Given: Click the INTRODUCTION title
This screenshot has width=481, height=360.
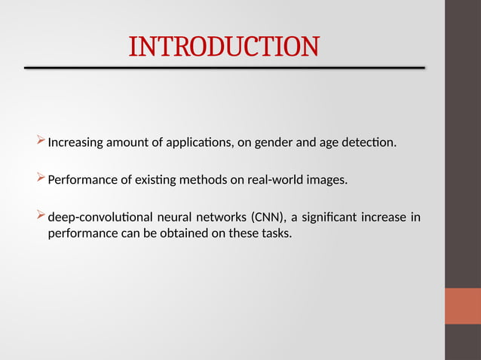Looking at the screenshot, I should click(x=224, y=47).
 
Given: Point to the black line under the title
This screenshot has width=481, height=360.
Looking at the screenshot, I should click(x=224, y=68).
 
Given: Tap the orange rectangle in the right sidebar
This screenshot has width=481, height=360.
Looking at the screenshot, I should click(x=462, y=305).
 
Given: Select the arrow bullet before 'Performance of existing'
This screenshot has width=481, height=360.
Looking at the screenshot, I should click(x=41, y=178).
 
